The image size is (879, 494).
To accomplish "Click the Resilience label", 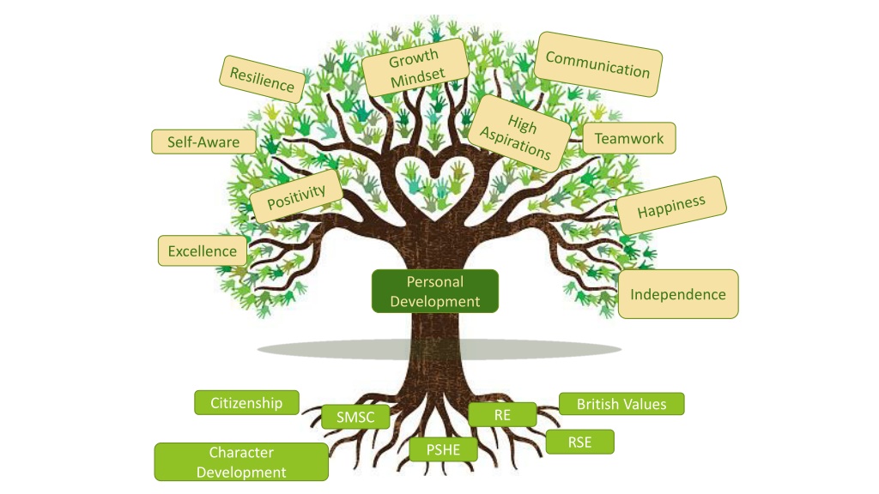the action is (262, 79).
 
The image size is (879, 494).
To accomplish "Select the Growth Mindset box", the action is (415, 68).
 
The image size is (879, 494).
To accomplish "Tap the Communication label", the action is (597, 64).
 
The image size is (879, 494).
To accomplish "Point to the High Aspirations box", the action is (518, 133).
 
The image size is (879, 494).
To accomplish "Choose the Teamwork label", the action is (629, 138).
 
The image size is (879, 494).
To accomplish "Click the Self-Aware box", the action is (203, 142).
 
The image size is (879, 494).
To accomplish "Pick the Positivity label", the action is (296, 196).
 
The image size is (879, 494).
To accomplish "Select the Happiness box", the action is (671, 206).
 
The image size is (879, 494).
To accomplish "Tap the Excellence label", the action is (203, 251).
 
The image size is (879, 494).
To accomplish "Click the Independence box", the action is (678, 294).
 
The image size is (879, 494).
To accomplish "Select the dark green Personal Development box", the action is (435, 292).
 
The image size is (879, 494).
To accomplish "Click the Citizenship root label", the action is (246, 403).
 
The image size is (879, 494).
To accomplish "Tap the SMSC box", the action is (355, 417).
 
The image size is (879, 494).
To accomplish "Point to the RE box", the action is (502, 414).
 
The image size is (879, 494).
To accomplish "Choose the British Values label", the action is (621, 404).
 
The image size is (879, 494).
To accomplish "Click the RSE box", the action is (579, 442).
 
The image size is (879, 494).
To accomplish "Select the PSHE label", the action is (444, 449).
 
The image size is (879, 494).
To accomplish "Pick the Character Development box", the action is (241, 462).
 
